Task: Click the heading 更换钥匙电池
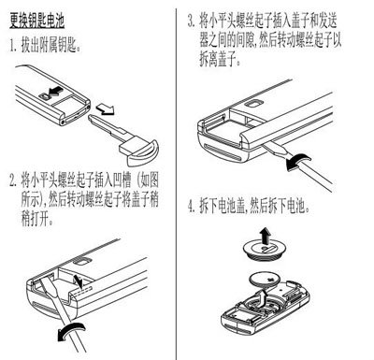(36, 22)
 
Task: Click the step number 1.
(12, 46)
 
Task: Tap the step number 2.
(13, 181)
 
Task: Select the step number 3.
(191, 21)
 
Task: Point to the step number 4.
(192, 207)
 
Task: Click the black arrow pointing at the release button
(55, 92)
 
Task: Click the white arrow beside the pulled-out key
(105, 109)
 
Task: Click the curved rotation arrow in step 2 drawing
(71, 331)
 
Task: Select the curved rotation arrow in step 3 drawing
(298, 162)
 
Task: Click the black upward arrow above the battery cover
(266, 236)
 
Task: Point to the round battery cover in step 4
(265, 250)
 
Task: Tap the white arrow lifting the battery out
(263, 298)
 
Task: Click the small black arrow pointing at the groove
(79, 281)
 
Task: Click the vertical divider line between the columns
(176, 184)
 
